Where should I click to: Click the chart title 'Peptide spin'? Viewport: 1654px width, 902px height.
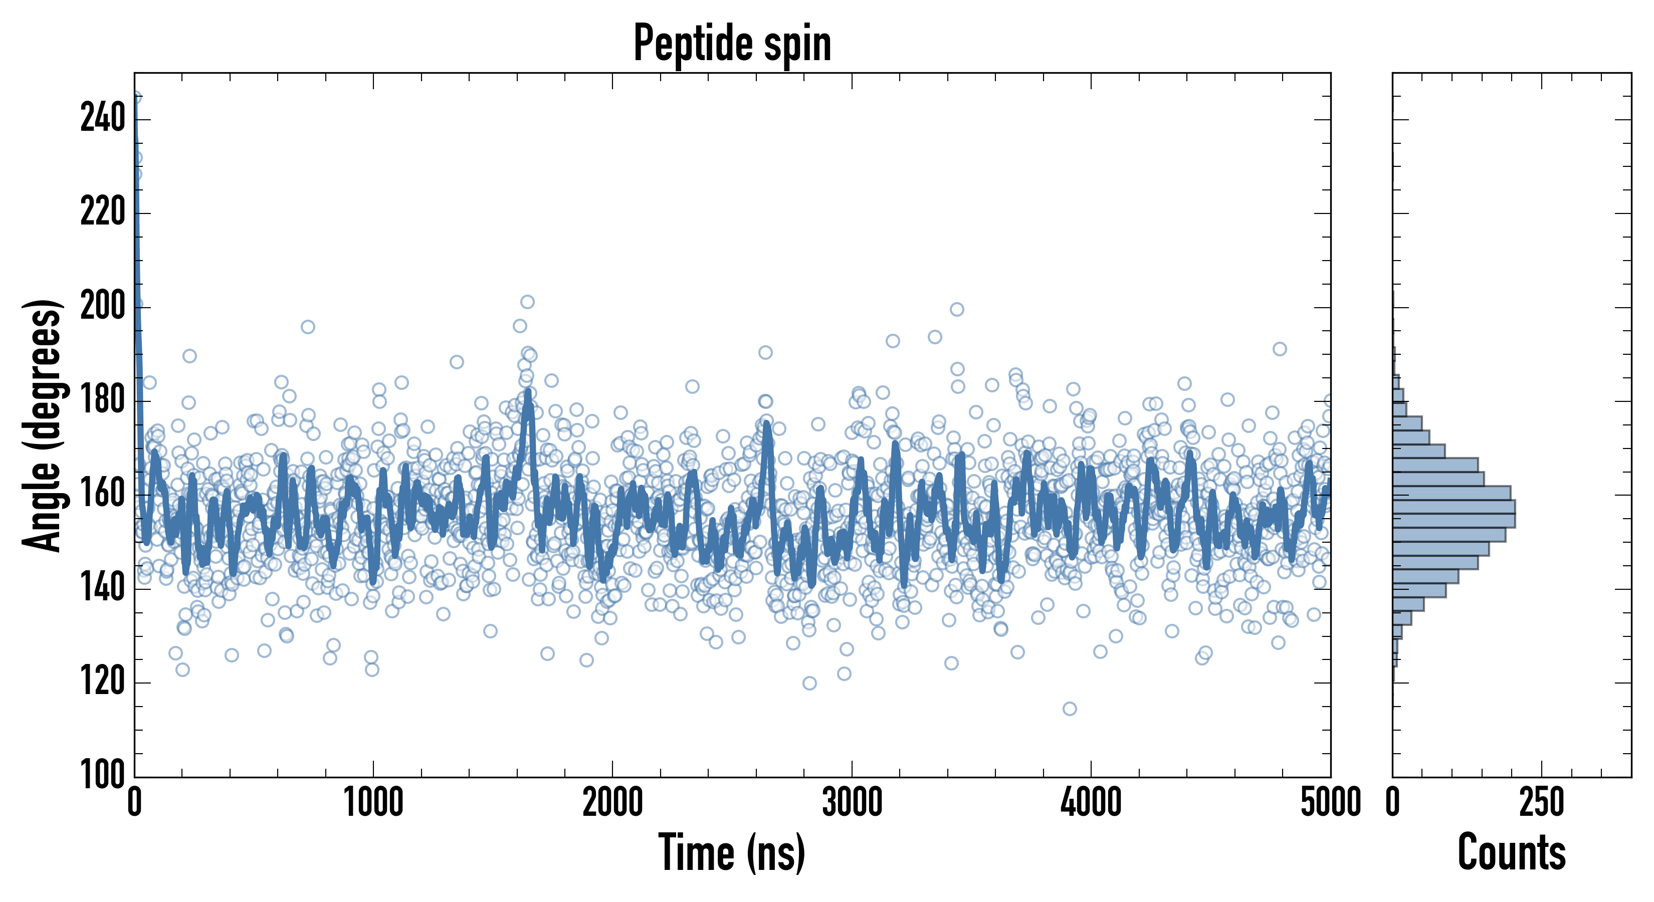click(x=732, y=44)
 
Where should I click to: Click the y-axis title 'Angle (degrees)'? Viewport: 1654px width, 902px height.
click(x=43, y=425)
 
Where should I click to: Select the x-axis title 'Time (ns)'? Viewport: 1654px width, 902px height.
click(x=732, y=852)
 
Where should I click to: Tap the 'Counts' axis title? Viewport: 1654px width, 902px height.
click(x=1512, y=852)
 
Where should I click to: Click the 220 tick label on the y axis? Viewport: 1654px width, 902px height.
click(x=103, y=212)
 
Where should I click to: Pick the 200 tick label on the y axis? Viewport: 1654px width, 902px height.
click(x=103, y=306)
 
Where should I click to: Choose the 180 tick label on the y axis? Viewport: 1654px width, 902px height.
click(x=103, y=400)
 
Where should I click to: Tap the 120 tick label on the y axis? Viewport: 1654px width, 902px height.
click(x=103, y=682)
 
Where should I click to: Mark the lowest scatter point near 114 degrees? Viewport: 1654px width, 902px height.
click(x=1070, y=709)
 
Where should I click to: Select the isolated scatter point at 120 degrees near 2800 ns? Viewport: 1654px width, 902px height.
click(x=809, y=683)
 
